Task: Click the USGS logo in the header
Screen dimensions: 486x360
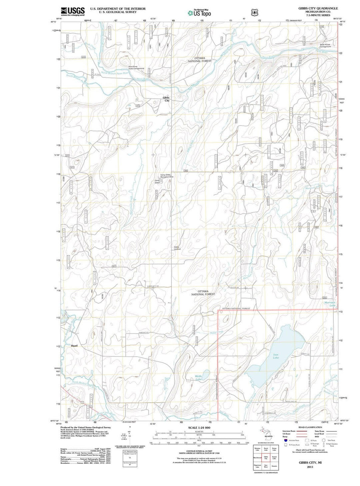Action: [73, 12]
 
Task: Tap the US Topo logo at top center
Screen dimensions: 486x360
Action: [199, 13]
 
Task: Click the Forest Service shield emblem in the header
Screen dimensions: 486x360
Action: [255, 12]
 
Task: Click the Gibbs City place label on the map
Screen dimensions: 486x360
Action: [166, 99]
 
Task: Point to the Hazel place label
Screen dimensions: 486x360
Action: [74, 346]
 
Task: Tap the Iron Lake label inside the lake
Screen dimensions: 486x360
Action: [276, 356]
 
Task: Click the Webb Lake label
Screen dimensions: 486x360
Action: [198, 377]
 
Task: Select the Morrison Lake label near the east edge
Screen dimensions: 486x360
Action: [330, 304]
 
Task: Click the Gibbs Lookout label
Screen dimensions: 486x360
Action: [177, 248]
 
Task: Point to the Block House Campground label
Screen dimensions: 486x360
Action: [325, 46]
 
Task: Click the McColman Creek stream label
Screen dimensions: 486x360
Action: [131, 200]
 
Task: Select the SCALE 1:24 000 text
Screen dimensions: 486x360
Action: [199, 428]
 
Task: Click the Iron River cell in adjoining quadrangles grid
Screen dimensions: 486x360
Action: [266, 466]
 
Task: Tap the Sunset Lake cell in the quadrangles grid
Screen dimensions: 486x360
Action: [274, 458]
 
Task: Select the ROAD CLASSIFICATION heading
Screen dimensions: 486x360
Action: [310, 427]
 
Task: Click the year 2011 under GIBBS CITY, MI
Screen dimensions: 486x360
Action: [310, 467]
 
